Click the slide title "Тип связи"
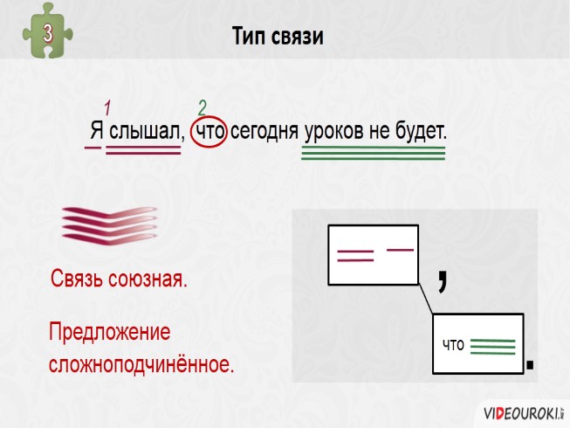coord(278,37)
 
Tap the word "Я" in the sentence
coord(96,132)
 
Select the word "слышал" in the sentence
coord(146,132)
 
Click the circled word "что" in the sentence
coord(210,132)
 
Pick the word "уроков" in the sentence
coord(333,132)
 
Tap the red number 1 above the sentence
coord(108,108)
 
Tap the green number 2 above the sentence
coord(203,107)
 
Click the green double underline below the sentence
coord(373,155)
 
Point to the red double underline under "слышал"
coord(143,150)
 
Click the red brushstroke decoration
coord(110,223)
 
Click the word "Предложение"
coord(109,333)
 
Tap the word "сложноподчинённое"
coord(141,363)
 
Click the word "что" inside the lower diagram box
coord(453,345)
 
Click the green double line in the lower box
coord(492,347)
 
